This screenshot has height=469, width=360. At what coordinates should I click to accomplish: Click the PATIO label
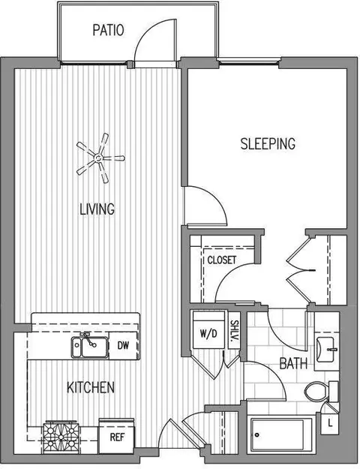pyautogui.click(x=108, y=30)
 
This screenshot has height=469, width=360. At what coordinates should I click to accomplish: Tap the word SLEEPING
pyautogui.click(x=268, y=143)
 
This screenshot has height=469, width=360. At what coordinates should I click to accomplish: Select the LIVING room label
pyautogui.click(x=97, y=209)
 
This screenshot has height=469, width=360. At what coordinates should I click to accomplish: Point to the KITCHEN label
pyautogui.click(x=91, y=387)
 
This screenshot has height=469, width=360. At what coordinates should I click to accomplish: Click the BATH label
pyautogui.click(x=293, y=363)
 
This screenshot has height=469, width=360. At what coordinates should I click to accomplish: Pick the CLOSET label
pyautogui.click(x=222, y=260)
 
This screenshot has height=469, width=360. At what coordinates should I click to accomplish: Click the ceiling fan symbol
pyautogui.click(x=100, y=158)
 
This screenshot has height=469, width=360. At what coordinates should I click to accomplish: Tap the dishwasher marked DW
pyautogui.click(x=123, y=345)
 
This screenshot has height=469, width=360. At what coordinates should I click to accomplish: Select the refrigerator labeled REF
pyautogui.click(x=116, y=436)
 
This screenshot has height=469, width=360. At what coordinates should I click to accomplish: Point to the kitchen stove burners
pyautogui.click(x=61, y=437)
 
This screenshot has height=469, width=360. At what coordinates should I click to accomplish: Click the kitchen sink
pyautogui.click(x=89, y=347)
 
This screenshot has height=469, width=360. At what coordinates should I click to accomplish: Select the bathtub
pyautogui.click(x=281, y=434)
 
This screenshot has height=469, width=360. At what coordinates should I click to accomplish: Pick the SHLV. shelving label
pyautogui.click(x=235, y=330)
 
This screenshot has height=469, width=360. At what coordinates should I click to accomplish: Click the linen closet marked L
pyautogui.click(x=330, y=423)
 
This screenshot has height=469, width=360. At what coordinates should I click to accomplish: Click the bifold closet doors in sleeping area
pyautogui.click(x=300, y=270)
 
